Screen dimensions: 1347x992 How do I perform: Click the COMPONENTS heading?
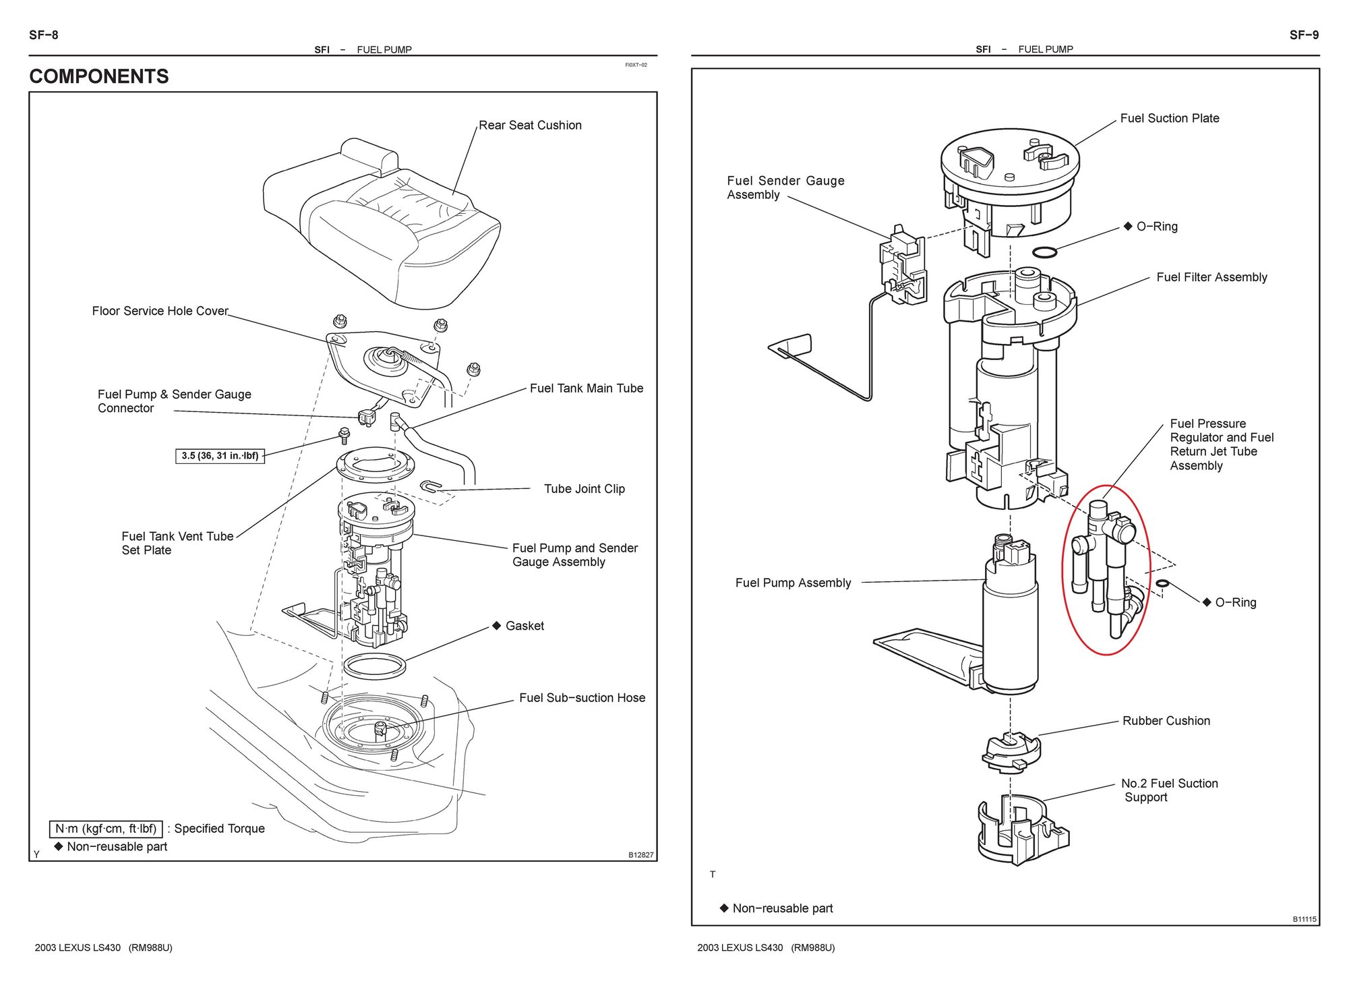[99, 76]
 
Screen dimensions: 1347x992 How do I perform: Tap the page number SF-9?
[1304, 35]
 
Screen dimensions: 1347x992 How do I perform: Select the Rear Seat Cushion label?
[530, 125]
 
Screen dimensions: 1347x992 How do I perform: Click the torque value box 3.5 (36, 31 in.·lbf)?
[220, 456]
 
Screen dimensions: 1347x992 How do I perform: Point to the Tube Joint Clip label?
[585, 489]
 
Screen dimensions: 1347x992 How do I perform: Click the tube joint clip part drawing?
[430, 486]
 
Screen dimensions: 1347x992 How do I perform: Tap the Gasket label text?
[525, 626]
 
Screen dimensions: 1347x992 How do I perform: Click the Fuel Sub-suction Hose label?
[582, 698]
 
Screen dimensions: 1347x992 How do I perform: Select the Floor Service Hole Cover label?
[160, 311]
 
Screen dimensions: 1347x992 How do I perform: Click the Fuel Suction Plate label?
[1170, 118]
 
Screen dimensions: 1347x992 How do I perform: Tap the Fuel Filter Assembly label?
[1211, 277]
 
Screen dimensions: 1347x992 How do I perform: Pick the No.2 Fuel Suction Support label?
[1169, 790]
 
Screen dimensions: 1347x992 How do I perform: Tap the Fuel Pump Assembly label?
[793, 583]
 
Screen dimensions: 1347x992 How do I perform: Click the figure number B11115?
[1304, 919]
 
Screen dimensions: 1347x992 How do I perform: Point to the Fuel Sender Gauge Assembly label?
[785, 187]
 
